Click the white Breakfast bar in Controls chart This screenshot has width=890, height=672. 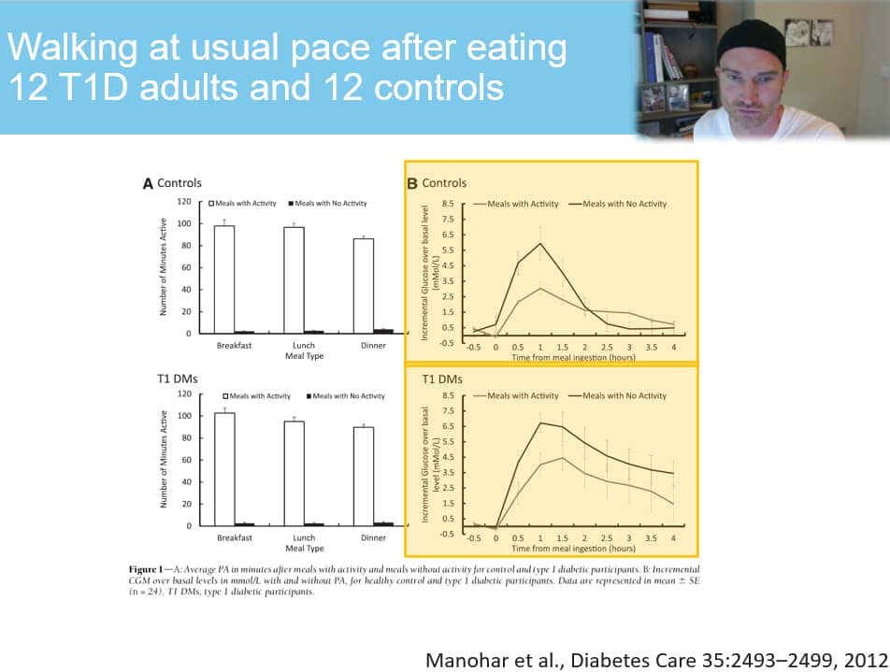point(223,279)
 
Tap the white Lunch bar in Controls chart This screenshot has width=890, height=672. point(294,279)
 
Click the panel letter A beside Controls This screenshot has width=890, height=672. point(148,183)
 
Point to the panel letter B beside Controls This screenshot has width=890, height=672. point(411,183)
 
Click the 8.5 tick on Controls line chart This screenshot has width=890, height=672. point(448,204)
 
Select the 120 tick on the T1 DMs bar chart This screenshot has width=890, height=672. point(183,395)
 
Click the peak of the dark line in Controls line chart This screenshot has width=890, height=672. point(539,243)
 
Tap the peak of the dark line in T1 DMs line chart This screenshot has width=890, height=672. point(539,422)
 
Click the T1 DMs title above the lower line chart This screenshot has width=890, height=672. point(442,379)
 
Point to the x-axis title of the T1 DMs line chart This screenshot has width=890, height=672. point(573,550)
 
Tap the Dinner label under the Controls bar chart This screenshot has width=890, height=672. point(373,346)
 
